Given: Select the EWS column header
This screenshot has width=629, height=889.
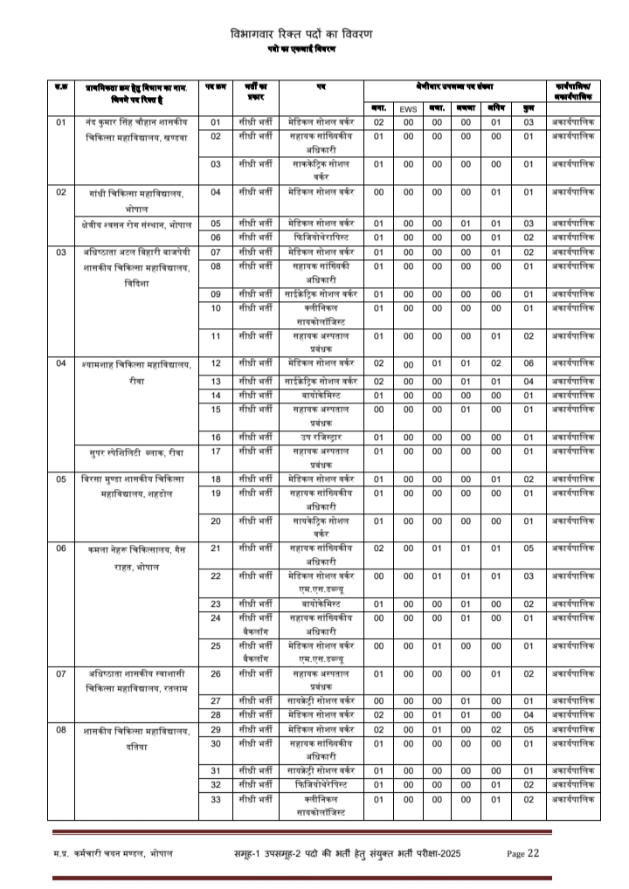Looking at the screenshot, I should pyautogui.click(x=407, y=108).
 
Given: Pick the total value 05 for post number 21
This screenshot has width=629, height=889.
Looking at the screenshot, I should pyautogui.click(x=529, y=548).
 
